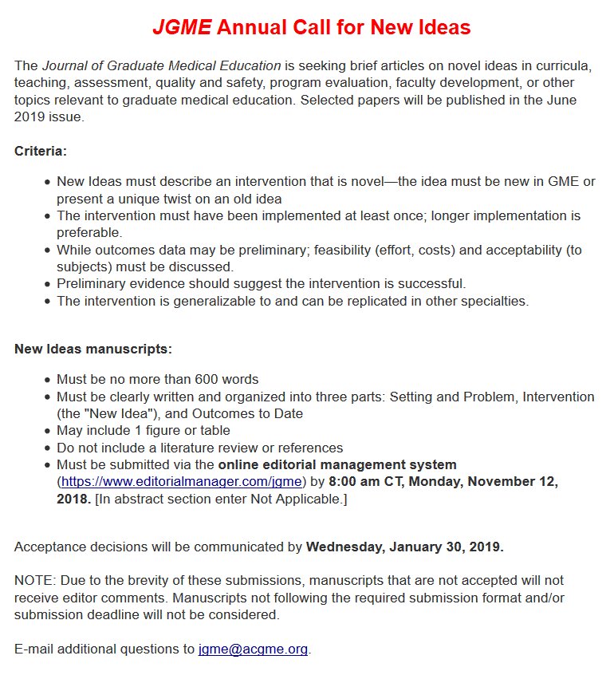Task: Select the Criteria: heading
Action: pyautogui.click(x=40, y=151)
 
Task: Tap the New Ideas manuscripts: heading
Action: pyautogui.click(x=93, y=349)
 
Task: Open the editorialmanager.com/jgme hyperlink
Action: pyautogui.click(x=182, y=482)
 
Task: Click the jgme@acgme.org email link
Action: pyautogui.click(x=253, y=649)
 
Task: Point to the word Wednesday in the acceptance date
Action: pyautogui.click(x=344, y=547)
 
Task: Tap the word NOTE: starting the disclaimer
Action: pyautogui.click(x=32, y=581)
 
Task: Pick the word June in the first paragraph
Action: pyautogui.click(x=558, y=100)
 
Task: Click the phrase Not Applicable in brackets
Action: pyautogui.click(x=304, y=499)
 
